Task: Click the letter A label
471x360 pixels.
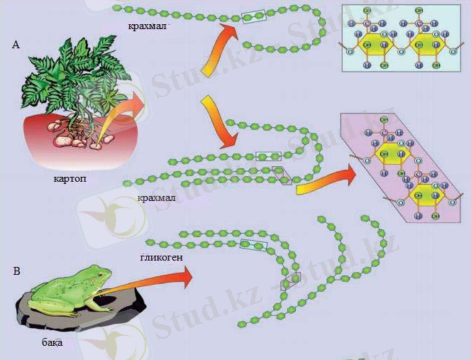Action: [x=16, y=45]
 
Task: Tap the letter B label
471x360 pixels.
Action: [x=16, y=271]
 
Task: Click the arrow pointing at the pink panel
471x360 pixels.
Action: [x=326, y=181]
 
